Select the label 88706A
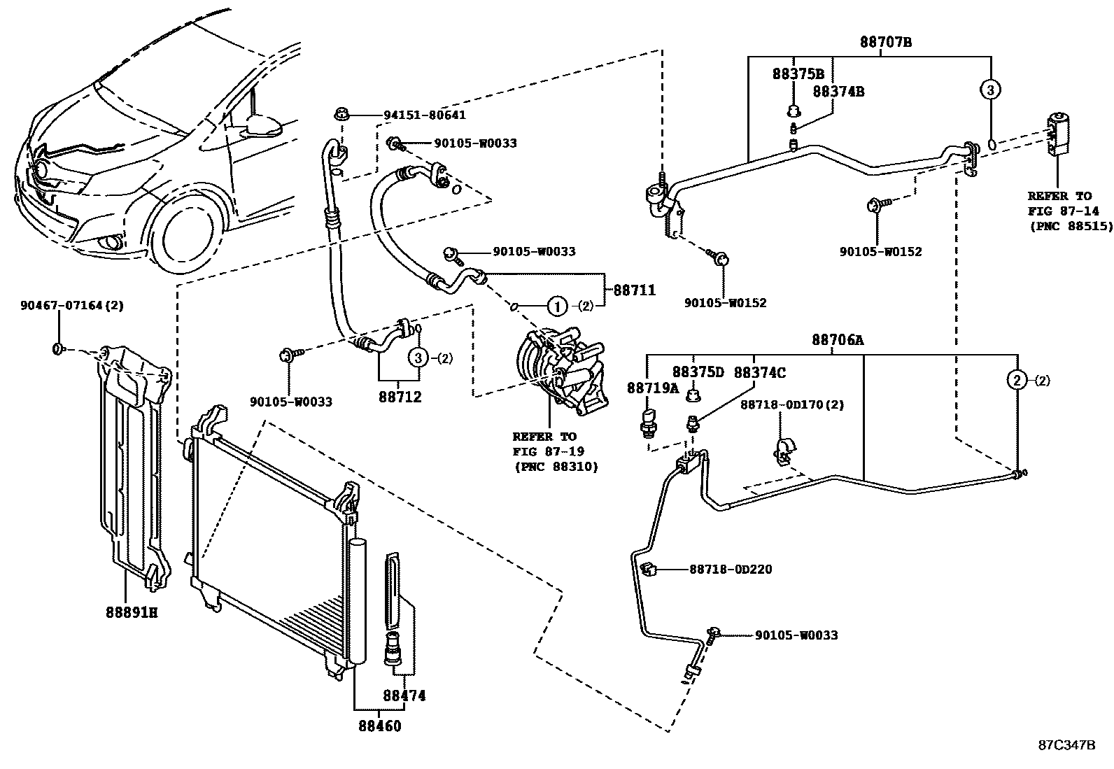pyautogui.click(x=837, y=340)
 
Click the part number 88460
pyautogui.click(x=381, y=726)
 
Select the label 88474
pyautogui.click(x=404, y=696)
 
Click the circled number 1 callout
pyautogui.click(x=556, y=306)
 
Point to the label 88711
pyautogui.click(x=634, y=289)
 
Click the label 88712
pyautogui.click(x=400, y=397)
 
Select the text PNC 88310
pyautogui.click(x=556, y=466)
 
